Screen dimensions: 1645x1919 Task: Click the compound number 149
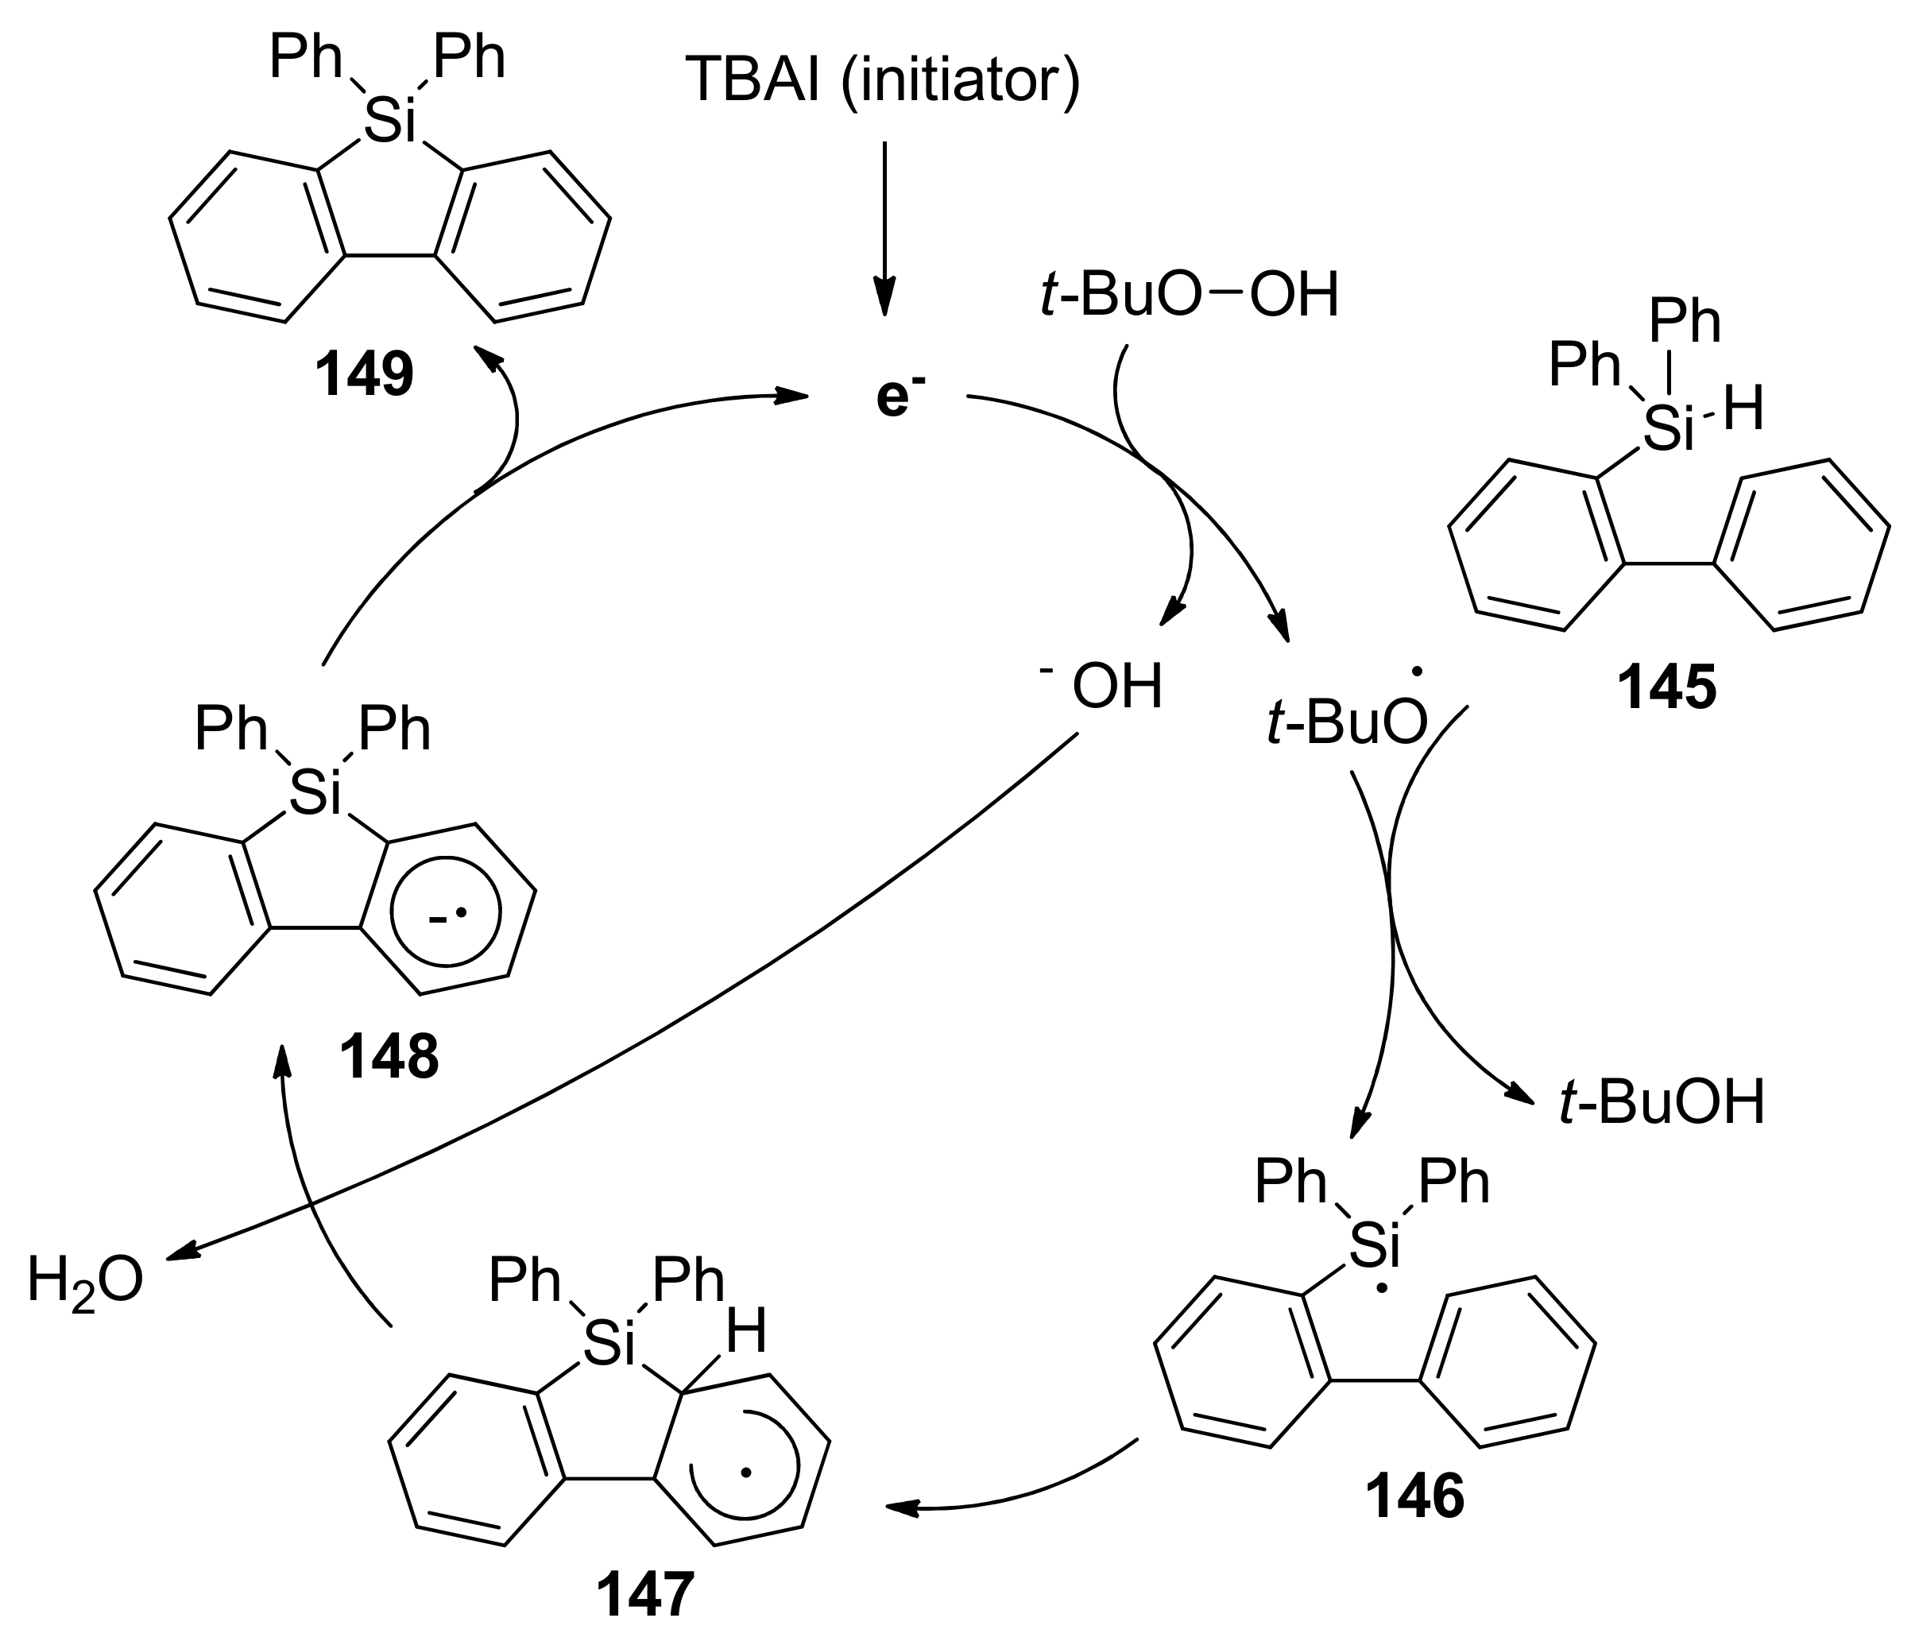click(x=363, y=376)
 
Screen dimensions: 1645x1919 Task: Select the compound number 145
click(x=1667, y=689)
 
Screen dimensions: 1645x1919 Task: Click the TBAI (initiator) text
click(x=883, y=80)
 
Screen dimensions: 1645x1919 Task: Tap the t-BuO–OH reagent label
click(x=1190, y=296)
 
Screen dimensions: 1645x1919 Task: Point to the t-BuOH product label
click(x=1662, y=1103)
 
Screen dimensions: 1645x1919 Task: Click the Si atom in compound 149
click(x=390, y=122)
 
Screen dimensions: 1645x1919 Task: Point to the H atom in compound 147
click(x=745, y=1333)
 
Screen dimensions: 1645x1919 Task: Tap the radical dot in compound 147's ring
click(x=749, y=1471)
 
